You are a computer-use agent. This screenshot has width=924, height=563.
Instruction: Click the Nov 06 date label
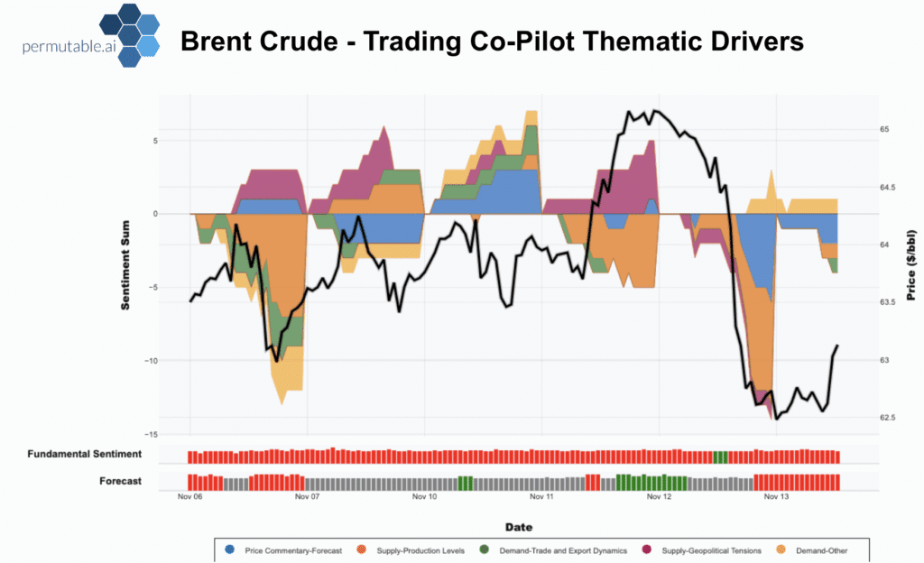(x=190, y=496)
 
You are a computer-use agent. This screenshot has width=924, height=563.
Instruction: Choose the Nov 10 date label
(x=425, y=496)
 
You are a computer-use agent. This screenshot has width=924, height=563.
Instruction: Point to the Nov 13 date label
(x=776, y=496)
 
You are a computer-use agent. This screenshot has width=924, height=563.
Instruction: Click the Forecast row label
(x=120, y=481)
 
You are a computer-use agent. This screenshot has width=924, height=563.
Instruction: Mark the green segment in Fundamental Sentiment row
(x=720, y=457)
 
